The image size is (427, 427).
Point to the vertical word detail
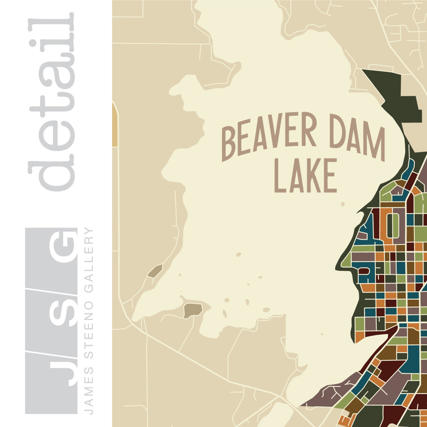coord(51,102)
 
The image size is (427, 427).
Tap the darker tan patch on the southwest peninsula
coord(193,310)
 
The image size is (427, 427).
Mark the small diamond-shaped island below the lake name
coord(343,204)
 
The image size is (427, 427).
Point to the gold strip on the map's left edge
coord(115,126)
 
